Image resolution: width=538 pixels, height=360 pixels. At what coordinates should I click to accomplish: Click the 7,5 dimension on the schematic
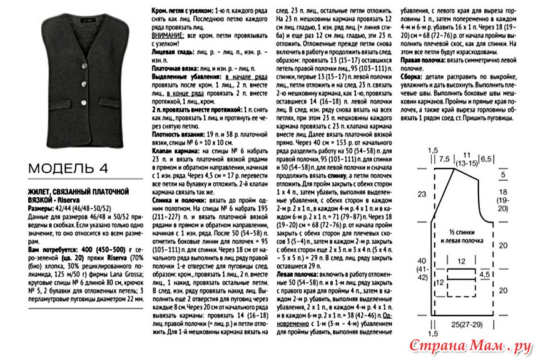pos(445,159)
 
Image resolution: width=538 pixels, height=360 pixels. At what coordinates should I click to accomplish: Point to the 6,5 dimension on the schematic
pos(486,159)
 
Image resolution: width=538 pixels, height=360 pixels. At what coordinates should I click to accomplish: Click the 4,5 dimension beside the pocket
pos(484,274)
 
